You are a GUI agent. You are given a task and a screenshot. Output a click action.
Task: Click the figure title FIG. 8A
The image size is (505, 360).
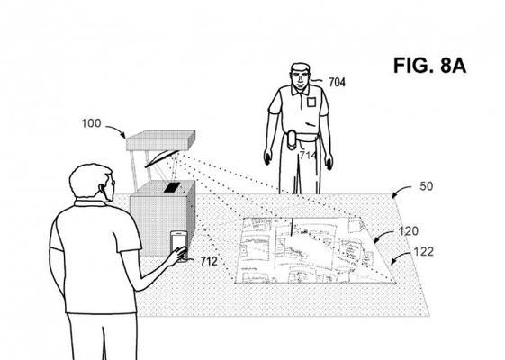coord(429,66)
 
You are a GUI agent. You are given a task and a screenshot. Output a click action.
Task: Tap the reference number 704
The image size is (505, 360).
coord(337,83)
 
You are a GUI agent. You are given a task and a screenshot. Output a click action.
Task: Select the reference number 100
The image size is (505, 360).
coord(91,123)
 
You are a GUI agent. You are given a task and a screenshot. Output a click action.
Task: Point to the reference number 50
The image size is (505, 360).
coord(426,186)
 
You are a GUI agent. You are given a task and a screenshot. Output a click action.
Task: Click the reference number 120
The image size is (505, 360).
coord(409,231)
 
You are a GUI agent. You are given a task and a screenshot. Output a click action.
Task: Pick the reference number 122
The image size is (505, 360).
coord(423,252)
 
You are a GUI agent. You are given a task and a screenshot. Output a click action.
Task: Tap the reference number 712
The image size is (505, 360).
coord(209,261)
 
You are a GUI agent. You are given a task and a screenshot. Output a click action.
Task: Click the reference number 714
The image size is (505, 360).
coord(308,156)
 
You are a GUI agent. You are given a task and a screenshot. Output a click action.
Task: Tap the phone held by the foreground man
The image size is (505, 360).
coord(179,246)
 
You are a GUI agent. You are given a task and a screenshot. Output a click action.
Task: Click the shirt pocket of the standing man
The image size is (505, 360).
coord(311,102)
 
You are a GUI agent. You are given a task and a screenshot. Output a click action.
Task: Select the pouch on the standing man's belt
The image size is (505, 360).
coord(293,139)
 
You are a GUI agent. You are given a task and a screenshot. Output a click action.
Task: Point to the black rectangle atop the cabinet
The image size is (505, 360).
coord(172,187)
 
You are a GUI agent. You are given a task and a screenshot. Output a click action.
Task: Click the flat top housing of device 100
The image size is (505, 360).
coord(160,140)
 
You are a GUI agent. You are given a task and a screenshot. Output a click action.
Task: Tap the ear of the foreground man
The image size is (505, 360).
coord(103,188)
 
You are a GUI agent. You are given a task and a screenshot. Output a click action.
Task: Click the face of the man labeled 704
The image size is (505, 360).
coord(300,78)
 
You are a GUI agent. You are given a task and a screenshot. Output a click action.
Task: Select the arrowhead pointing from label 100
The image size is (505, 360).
coord(122,136)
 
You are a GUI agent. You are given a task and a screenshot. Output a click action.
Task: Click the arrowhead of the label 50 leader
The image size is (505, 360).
coord(394,196)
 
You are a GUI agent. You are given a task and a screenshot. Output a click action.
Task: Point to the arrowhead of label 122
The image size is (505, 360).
coord(392,263)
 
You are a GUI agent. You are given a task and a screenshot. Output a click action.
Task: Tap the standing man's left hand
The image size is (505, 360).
coord(329,161)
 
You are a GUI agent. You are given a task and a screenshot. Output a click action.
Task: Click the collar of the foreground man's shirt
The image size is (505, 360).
coord(91,203)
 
